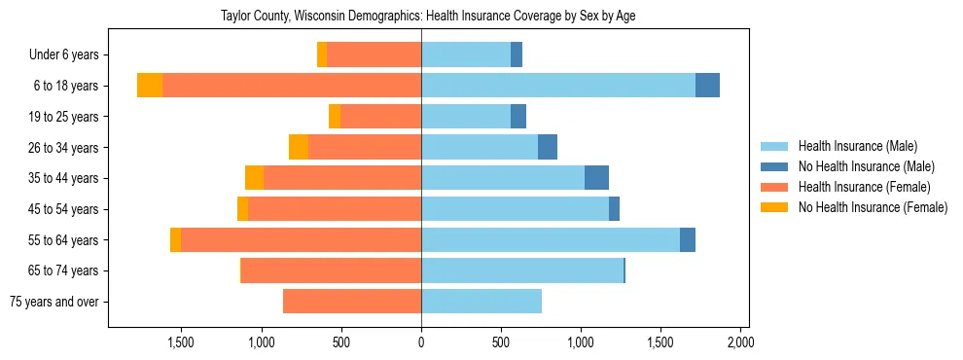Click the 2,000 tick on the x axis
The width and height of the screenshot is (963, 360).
(740, 342)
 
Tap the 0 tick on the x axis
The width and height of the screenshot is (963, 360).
(421, 342)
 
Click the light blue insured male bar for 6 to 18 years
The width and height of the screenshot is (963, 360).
(558, 86)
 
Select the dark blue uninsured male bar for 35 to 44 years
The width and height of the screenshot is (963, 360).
(596, 178)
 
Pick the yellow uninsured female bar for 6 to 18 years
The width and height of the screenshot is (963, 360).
(150, 86)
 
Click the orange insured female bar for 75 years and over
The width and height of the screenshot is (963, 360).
(352, 302)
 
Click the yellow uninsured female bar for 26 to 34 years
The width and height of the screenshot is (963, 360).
(299, 147)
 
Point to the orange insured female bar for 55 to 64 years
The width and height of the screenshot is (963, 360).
(301, 239)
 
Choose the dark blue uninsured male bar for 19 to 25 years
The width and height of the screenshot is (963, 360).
(518, 117)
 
